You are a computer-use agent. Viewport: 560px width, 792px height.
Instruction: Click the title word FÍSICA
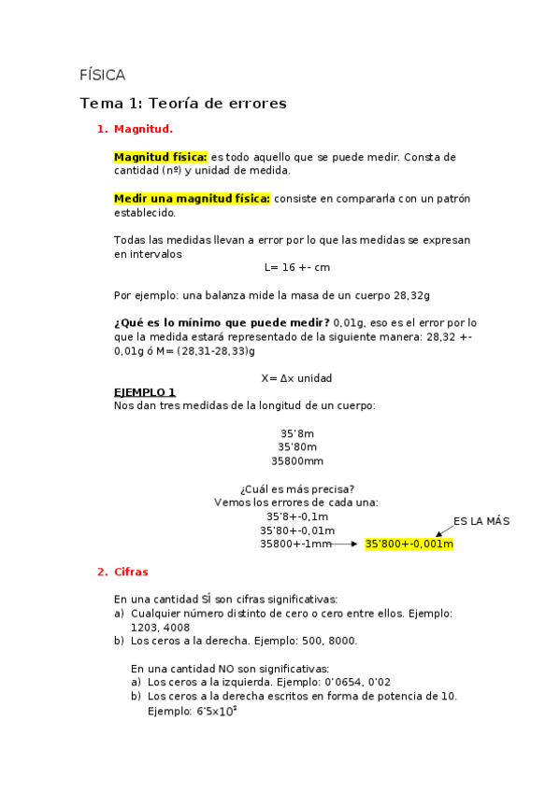pos(103,76)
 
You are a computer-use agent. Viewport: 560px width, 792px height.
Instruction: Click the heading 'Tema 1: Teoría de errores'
pos(183,103)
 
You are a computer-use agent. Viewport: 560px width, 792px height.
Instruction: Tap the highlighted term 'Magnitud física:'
pos(160,157)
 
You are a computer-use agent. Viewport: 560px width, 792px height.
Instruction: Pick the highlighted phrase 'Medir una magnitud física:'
pos(192,198)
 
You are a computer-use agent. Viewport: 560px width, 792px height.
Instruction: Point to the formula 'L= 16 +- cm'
pos(297,267)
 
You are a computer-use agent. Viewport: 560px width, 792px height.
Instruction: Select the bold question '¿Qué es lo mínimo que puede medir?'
pos(221,322)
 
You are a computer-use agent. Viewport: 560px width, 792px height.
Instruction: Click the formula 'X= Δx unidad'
pos(296,378)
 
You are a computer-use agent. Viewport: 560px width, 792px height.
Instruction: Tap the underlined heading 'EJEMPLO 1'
pos(144,392)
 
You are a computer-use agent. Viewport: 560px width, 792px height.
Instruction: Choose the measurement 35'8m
pos(297,433)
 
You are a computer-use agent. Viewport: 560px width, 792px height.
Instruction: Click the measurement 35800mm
pos(297,460)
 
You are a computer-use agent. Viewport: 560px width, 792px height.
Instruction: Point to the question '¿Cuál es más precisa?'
pos(297,488)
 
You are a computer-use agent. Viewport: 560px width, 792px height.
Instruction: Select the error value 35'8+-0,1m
pos(297,516)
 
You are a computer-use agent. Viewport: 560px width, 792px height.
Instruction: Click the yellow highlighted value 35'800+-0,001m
pos(409,544)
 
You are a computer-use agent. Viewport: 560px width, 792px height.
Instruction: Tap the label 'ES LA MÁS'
pos(481,520)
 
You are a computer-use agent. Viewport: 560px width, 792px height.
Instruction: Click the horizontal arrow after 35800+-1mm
pos(345,544)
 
